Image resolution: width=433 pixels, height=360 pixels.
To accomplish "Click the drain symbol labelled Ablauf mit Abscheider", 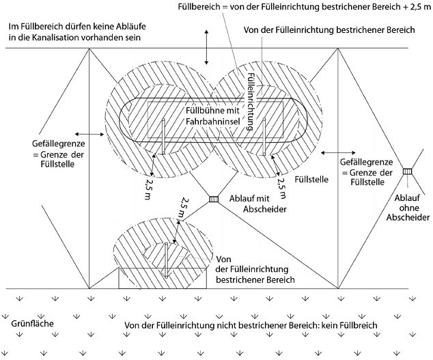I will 212,199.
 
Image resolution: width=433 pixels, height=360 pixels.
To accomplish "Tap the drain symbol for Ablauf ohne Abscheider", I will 408,171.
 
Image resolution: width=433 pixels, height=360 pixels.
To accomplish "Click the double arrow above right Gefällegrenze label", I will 333,152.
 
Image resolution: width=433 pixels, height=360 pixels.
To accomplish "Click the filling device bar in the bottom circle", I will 166,260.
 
